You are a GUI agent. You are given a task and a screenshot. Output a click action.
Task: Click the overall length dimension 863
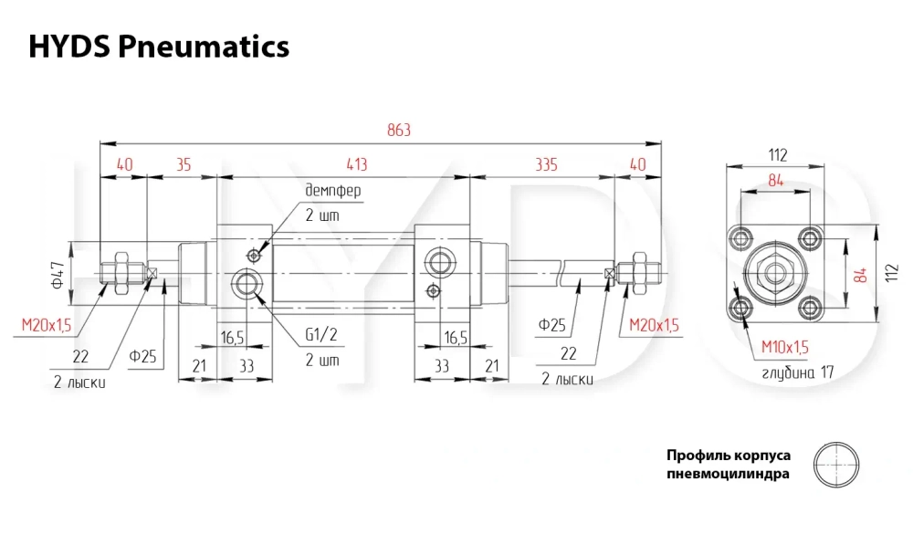[399, 130]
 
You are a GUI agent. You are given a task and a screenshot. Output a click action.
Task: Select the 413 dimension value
[357, 164]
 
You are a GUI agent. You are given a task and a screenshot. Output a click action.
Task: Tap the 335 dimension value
[546, 164]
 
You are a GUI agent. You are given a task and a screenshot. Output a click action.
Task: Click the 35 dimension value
[184, 164]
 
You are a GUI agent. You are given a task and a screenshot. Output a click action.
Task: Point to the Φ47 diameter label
[58, 275]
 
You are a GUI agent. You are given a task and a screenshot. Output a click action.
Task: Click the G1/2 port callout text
[321, 335]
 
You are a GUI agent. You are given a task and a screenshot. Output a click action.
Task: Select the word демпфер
[333, 191]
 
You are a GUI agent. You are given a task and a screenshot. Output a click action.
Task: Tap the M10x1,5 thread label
[785, 348]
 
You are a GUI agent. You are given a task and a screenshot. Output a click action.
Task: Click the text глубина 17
[798, 372]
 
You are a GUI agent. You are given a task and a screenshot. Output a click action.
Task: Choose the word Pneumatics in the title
[204, 47]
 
